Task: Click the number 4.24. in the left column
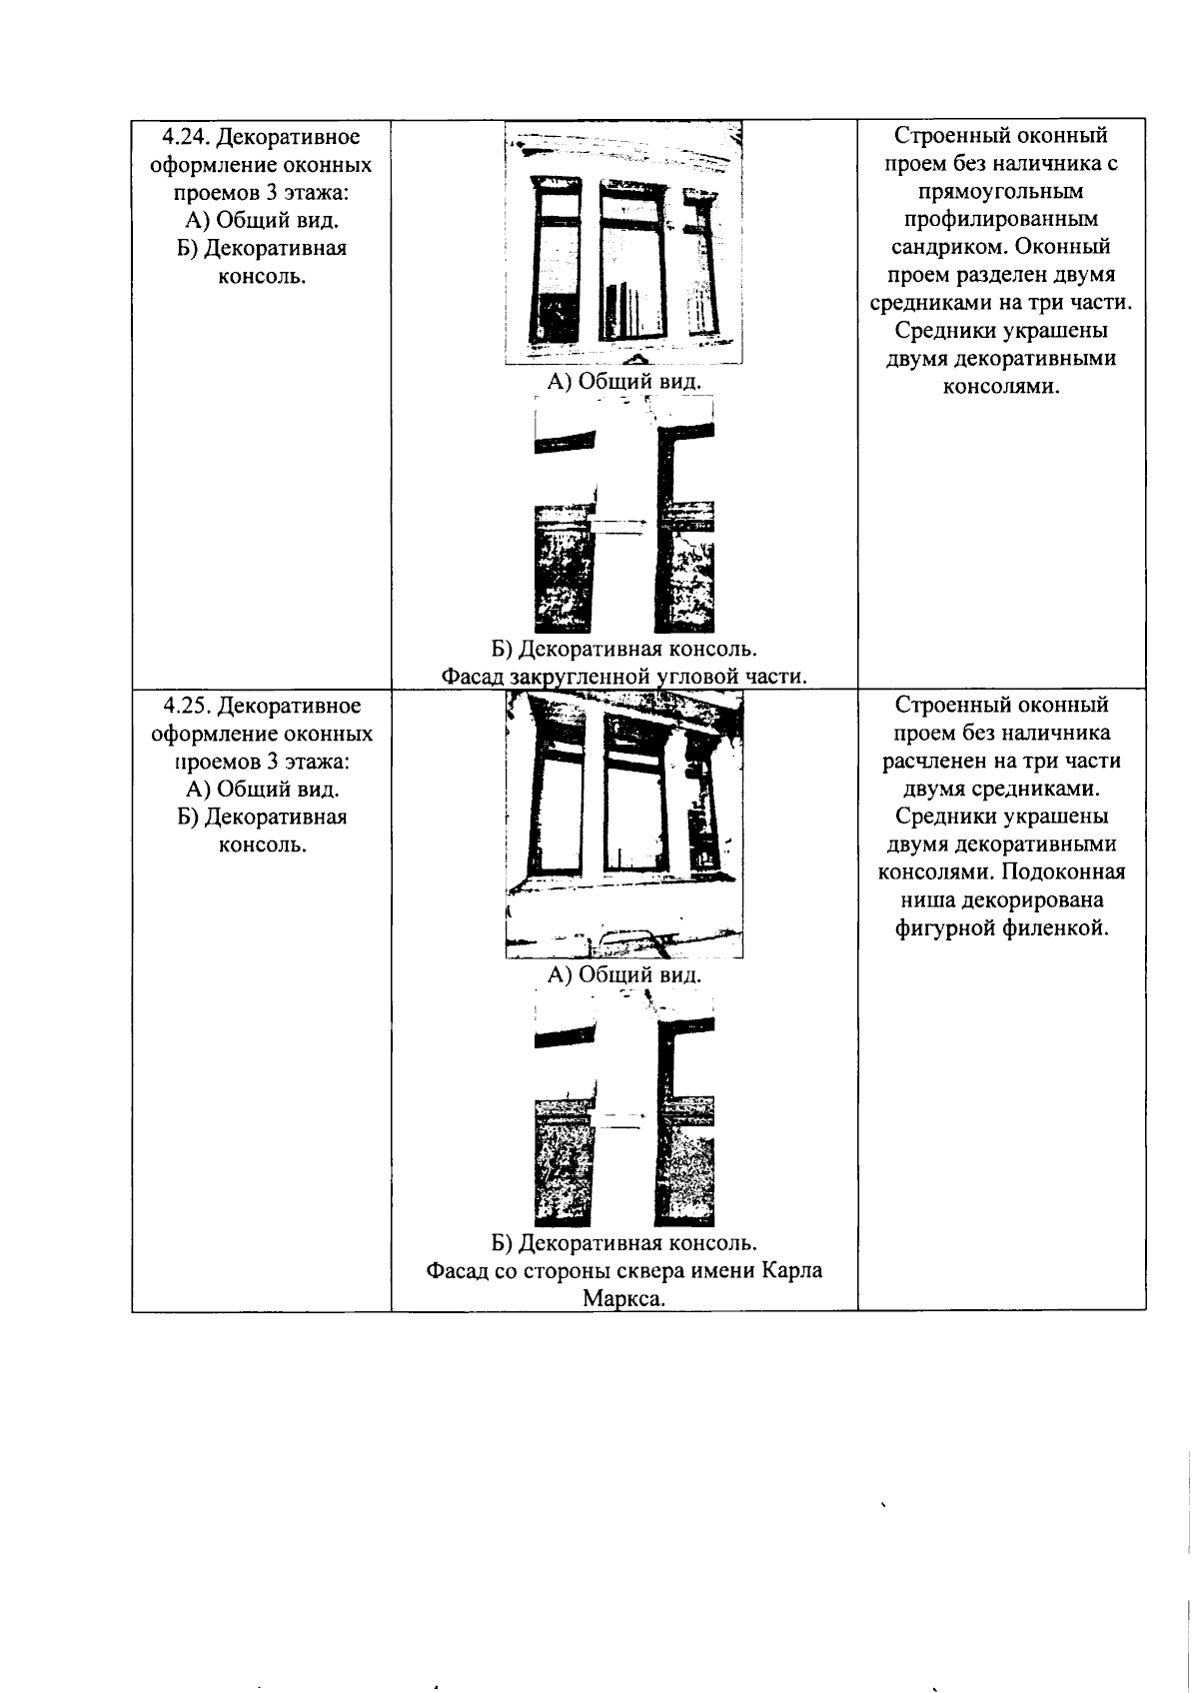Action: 187,137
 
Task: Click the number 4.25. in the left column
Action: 187,707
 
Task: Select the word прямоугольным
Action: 1001,191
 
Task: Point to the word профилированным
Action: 1001,219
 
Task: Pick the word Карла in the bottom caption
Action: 792,1271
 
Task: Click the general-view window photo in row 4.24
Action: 623,243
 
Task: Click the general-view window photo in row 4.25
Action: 623,826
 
